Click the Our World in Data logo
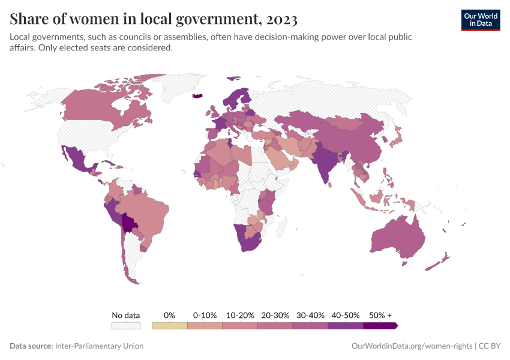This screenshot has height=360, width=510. tap(480, 20)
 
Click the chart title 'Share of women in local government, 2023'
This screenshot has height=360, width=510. tap(154, 19)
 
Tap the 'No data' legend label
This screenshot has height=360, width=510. tap(126, 315)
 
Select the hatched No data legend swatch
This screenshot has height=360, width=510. tap(126, 326)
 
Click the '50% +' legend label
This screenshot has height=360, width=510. tap(380, 315)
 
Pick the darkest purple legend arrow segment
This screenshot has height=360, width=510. tap(380, 326)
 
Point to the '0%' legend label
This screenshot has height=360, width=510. tap(169, 315)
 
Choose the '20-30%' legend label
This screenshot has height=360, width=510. tap(275, 315)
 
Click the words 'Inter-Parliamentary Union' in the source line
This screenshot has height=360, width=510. tap(99, 346)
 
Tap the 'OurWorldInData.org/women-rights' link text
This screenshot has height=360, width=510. tap(411, 346)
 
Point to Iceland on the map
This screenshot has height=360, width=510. tap(197, 95)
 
